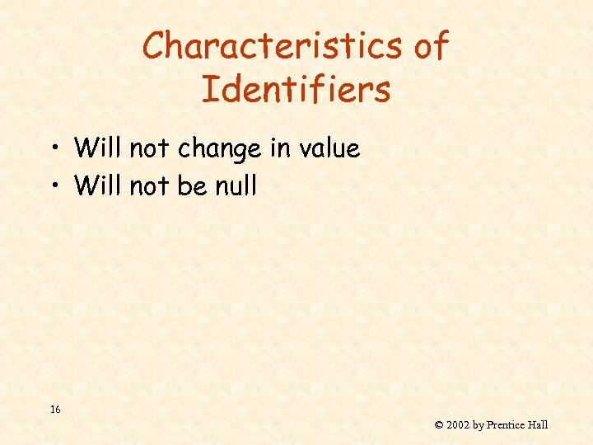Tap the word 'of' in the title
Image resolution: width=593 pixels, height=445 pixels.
click(x=431, y=46)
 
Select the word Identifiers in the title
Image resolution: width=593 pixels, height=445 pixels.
click(x=296, y=89)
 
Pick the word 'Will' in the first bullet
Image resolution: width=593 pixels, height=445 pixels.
click(x=97, y=148)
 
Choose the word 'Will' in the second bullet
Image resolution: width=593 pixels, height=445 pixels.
click(x=97, y=185)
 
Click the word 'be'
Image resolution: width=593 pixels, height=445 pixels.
click(x=192, y=185)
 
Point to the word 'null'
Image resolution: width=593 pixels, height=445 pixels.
click(x=236, y=185)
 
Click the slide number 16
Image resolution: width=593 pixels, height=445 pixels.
click(x=54, y=409)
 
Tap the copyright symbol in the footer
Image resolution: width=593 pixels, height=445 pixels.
click(x=439, y=425)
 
